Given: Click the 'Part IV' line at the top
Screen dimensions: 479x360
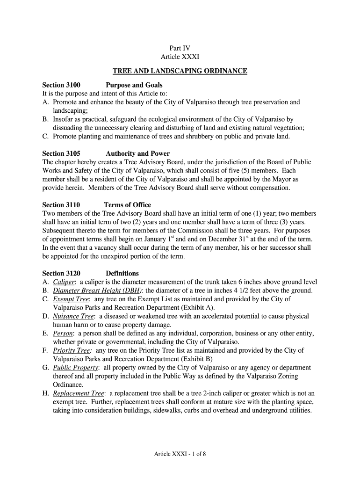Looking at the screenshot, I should click(180, 48).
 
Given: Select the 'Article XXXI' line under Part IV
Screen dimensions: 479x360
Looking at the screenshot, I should click(180, 57).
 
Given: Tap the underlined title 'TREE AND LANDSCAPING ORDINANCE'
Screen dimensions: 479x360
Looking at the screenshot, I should click(180, 71).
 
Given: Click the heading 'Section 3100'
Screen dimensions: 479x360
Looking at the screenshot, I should click(61, 85).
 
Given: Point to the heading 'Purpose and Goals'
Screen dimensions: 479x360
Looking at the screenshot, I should click(134, 85).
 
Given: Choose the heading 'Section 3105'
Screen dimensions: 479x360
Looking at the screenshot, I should click(61, 153).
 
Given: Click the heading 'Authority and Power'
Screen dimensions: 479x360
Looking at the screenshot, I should click(138, 153).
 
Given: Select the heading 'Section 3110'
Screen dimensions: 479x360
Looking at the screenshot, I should click(61, 205).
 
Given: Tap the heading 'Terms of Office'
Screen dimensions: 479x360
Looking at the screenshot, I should click(127, 205).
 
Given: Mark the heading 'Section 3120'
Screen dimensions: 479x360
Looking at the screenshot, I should click(61, 273).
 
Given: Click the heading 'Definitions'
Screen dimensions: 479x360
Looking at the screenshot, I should click(122, 273).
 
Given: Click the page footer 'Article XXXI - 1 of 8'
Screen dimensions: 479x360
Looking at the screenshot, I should click(180, 454).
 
